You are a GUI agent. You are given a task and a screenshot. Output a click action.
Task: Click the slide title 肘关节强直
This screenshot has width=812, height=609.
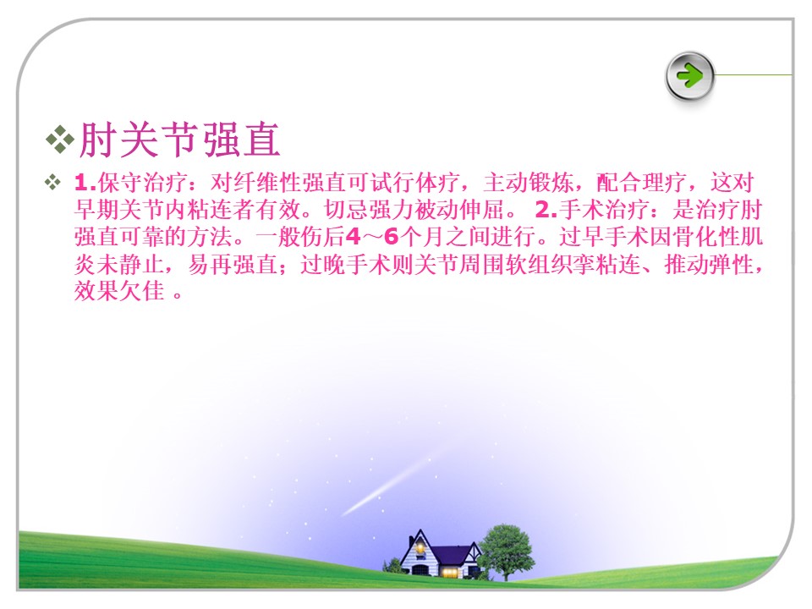(x=179, y=140)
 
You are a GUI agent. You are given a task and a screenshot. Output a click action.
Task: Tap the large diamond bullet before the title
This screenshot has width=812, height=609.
(x=60, y=140)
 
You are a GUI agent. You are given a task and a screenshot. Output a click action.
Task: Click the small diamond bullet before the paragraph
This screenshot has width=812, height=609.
(x=52, y=183)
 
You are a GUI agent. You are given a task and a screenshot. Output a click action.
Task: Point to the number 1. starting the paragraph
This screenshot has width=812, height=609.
(x=85, y=183)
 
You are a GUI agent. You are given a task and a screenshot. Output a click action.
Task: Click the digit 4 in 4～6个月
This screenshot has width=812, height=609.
(x=353, y=237)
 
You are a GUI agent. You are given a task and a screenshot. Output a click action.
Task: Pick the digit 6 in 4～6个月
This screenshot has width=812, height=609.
(x=392, y=237)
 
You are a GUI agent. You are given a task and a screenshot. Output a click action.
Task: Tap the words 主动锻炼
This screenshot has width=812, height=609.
(x=529, y=183)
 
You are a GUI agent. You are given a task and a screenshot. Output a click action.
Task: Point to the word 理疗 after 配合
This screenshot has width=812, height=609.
(x=665, y=183)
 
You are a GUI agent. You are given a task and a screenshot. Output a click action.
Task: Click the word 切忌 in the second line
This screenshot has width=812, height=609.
(x=347, y=210)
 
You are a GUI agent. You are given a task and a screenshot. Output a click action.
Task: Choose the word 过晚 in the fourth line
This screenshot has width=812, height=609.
(x=323, y=264)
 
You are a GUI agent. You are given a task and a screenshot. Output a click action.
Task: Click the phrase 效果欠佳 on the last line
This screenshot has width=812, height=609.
(x=120, y=291)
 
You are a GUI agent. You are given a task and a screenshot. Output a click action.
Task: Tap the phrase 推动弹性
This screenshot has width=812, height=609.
(x=710, y=264)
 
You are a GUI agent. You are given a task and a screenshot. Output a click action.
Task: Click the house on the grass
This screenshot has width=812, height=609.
(x=439, y=554)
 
